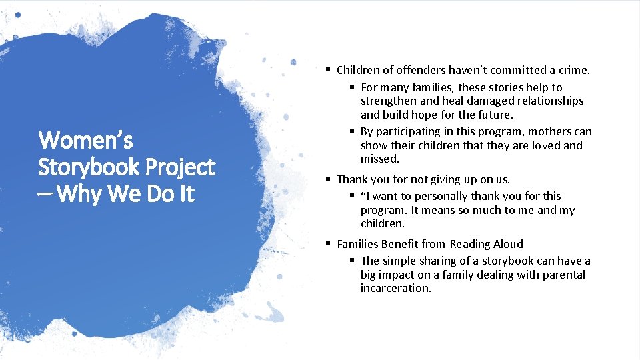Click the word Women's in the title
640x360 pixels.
pyautogui.click(x=86, y=141)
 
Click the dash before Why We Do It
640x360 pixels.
pyautogui.click(x=47, y=195)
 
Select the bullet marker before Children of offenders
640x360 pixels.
pyautogui.click(x=328, y=70)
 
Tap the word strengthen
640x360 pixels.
pyautogui.click(x=389, y=101)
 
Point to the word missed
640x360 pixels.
pyautogui.click(x=379, y=159)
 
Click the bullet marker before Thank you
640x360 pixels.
pyautogui.click(x=328, y=179)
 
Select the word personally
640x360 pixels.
pyautogui.click(x=438, y=196)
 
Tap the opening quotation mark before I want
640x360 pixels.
pyautogui.click(x=363, y=196)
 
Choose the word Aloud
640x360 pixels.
pyautogui.click(x=507, y=244)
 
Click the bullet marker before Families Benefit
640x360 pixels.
pyautogui.click(x=328, y=244)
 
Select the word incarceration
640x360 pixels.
pyautogui.click(x=395, y=288)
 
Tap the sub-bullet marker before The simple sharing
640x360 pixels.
pyautogui.click(x=352, y=261)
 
